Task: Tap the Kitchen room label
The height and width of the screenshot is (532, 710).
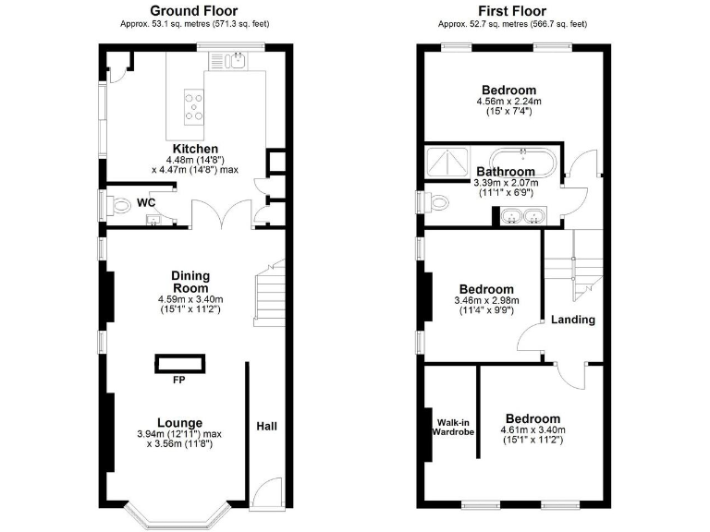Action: (x=195, y=149)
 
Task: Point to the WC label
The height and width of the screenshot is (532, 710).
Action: (x=146, y=201)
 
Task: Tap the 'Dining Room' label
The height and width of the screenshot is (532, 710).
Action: (x=190, y=282)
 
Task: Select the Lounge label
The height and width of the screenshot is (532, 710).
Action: (x=179, y=423)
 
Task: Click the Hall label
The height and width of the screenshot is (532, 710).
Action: (x=266, y=426)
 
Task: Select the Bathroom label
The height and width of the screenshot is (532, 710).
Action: (x=506, y=172)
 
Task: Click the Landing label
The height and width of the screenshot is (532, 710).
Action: (x=573, y=320)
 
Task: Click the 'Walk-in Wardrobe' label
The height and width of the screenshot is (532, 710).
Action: (x=453, y=426)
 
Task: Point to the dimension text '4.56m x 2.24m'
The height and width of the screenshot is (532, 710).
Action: (x=508, y=101)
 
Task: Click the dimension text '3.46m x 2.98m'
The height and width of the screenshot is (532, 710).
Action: (x=486, y=300)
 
